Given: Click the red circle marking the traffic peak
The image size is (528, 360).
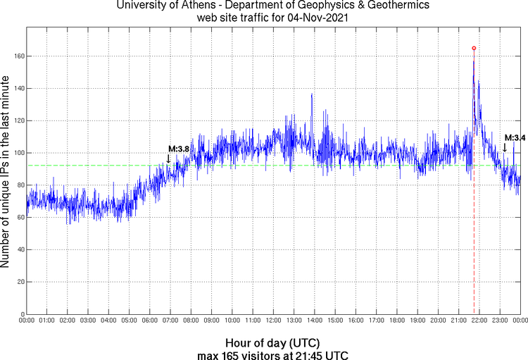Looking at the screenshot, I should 474,48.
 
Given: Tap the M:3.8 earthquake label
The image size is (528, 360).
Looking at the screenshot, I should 179,149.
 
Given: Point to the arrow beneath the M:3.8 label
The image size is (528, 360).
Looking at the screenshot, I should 168,159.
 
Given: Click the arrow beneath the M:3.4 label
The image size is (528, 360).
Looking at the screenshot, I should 504,147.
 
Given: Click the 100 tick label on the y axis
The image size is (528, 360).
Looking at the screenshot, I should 17,153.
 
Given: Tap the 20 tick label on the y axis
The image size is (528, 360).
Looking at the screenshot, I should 19,282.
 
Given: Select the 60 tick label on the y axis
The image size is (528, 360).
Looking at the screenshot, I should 19,217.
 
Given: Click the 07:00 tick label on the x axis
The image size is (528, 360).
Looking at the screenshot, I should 170,321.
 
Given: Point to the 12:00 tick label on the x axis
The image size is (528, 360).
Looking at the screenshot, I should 273,321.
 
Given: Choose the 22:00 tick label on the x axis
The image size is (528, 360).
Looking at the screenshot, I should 479,321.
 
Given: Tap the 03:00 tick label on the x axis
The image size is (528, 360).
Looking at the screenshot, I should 88,321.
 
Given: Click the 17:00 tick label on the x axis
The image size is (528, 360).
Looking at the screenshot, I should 377,321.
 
